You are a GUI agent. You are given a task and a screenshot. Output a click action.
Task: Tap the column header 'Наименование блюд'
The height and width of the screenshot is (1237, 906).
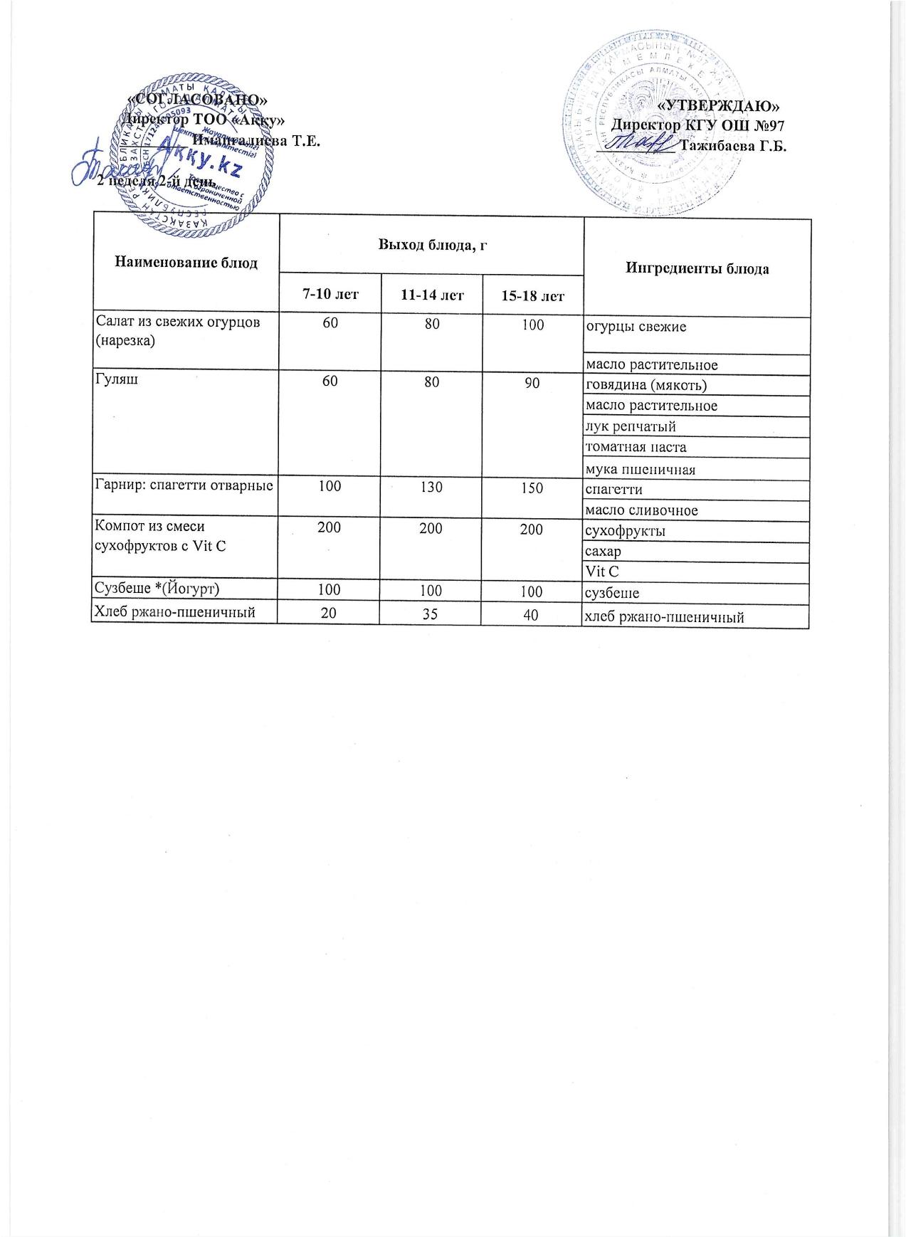click(x=186, y=263)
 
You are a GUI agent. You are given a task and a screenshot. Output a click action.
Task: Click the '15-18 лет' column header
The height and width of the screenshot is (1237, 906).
click(x=532, y=295)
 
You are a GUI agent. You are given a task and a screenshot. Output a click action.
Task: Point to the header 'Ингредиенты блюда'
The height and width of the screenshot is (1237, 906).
click(x=697, y=269)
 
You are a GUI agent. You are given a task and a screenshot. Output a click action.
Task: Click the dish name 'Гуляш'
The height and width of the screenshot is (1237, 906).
click(x=117, y=379)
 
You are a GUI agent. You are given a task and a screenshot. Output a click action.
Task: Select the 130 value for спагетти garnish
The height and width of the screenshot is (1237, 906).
click(x=431, y=488)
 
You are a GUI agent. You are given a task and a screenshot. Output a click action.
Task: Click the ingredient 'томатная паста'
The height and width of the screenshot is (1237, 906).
click(x=636, y=448)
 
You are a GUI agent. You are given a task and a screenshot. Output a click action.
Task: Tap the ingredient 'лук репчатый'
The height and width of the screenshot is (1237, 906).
click(x=630, y=426)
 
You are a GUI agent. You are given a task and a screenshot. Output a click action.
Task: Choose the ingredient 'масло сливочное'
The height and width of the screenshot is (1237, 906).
click(x=641, y=510)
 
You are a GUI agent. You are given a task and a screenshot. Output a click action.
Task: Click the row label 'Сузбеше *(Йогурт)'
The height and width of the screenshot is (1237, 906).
click(x=161, y=591)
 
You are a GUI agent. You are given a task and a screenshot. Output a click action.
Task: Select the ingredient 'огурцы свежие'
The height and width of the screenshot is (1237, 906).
click(x=636, y=327)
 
